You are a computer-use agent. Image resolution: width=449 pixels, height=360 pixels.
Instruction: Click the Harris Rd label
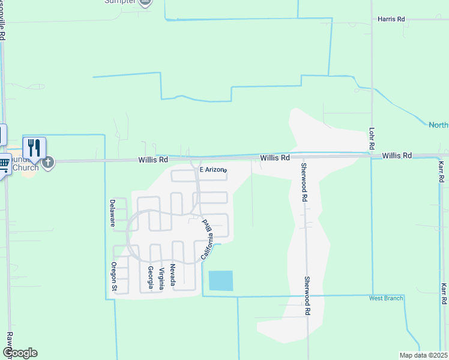pyautogui.click(x=391, y=19)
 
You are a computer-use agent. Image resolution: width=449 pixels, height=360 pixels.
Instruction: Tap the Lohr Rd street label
pyautogui.click(x=372, y=138)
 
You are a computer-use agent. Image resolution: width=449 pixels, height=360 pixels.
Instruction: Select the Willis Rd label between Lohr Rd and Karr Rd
pyautogui.click(x=397, y=155)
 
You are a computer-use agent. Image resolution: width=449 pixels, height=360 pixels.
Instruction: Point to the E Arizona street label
pyautogui.click(x=213, y=170)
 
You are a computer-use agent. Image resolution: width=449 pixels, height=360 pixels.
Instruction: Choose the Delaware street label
pyautogui.click(x=112, y=213)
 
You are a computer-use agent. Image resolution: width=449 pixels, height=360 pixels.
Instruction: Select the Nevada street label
pyautogui.click(x=172, y=274)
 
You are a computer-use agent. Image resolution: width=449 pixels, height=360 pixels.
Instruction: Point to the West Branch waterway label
pyautogui.click(x=386, y=298)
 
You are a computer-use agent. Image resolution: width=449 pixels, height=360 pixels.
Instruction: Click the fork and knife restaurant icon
pyautogui.click(x=34, y=148)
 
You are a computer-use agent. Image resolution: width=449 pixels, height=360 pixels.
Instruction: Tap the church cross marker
pyautogui.click(x=48, y=162)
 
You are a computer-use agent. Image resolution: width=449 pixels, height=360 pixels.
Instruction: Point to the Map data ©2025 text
pyautogui.click(x=423, y=355)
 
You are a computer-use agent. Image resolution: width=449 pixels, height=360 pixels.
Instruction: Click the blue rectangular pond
pyautogui.click(x=220, y=281)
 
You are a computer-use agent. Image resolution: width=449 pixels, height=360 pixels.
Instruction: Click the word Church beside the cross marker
pyautogui.click(x=26, y=167)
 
